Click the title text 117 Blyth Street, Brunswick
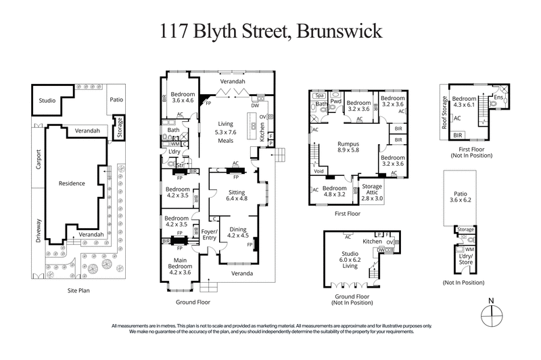(x=270, y=31)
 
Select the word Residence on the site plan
(x=72, y=183)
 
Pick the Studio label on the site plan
(x=47, y=100)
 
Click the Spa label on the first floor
(x=320, y=96)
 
